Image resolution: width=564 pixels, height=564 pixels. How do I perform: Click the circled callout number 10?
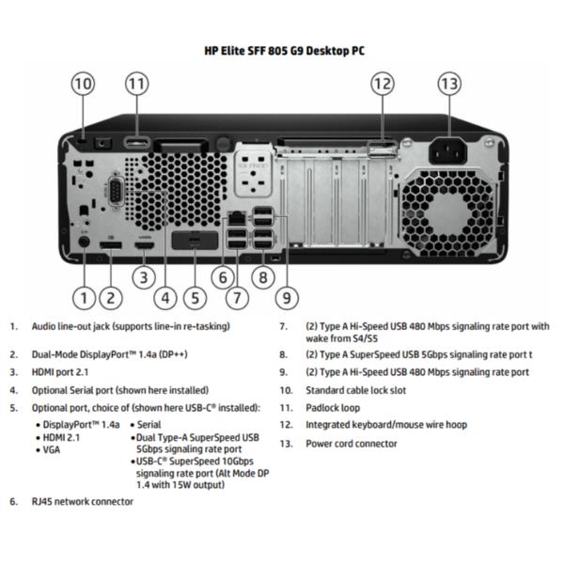coord(83,85)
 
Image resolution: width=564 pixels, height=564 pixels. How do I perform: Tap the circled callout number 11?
coord(137,85)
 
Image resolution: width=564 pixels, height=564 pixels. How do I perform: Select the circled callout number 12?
coord(381,85)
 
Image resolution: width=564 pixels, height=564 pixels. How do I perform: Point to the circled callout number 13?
coord(450,85)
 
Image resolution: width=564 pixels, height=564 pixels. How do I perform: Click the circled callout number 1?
coord(84,299)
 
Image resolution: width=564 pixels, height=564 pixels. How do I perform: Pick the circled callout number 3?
coord(142,277)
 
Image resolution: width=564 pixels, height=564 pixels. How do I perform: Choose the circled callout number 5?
coord(194,299)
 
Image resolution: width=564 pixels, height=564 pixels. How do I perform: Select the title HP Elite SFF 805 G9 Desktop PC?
coord(283,51)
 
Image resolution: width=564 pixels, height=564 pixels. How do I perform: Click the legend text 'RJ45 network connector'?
coord(82,501)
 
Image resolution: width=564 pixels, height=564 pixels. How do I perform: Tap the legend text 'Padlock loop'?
coord(332,407)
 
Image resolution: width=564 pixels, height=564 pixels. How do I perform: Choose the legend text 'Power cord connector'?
coord(351,443)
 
